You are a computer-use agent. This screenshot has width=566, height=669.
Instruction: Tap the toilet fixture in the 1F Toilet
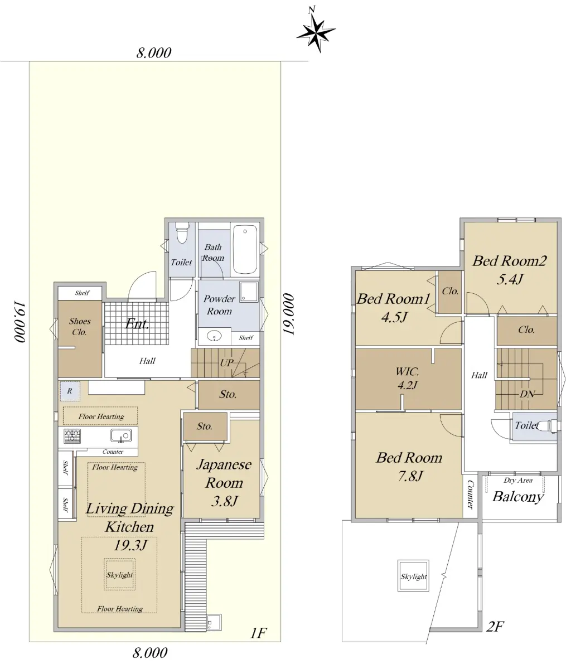pyautogui.click(x=182, y=232)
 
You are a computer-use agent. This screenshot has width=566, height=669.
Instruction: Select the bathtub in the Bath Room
pyautogui.click(x=245, y=250)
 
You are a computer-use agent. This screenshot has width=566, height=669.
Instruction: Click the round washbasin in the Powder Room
pyautogui.click(x=214, y=336)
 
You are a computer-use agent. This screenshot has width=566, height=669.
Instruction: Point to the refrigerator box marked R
pyautogui.click(x=70, y=391)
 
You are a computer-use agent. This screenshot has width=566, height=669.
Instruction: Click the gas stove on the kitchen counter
pyautogui.click(x=72, y=435)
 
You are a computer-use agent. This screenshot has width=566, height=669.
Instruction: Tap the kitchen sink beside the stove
pyautogui.click(x=121, y=435)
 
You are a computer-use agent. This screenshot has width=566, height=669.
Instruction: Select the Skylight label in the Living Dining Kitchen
pyautogui.click(x=119, y=574)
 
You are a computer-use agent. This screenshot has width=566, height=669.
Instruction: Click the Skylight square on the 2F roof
pyautogui.click(x=413, y=576)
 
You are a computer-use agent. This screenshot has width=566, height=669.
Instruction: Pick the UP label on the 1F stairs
pyautogui.click(x=226, y=363)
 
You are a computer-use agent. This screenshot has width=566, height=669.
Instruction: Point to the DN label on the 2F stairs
pyautogui.click(x=527, y=394)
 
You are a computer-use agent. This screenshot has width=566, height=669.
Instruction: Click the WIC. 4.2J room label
pyautogui.click(x=407, y=378)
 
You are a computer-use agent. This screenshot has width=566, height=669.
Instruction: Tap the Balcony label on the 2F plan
pyautogui.click(x=518, y=497)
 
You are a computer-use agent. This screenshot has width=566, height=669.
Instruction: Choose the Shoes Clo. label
pyautogui.click(x=80, y=326)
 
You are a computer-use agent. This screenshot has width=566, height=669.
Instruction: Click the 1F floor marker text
pyautogui.click(x=258, y=633)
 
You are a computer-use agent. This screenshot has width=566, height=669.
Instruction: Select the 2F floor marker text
pyautogui.click(x=495, y=627)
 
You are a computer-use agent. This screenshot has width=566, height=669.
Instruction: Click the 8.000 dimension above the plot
pyautogui.click(x=153, y=53)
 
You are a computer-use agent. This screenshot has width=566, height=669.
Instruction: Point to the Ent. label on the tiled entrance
pyautogui.click(x=137, y=324)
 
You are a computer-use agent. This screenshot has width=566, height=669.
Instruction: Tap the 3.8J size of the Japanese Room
pyautogui.click(x=224, y=501)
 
